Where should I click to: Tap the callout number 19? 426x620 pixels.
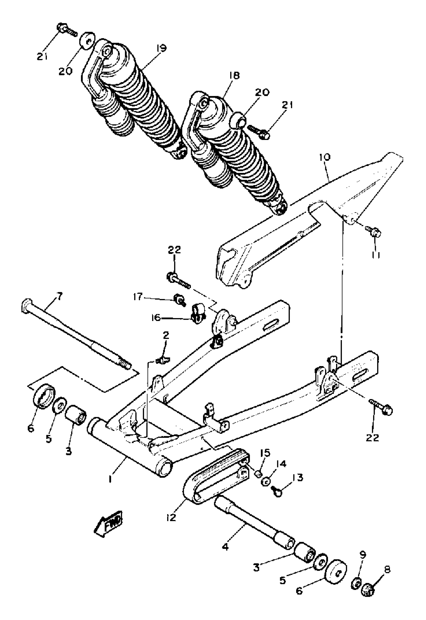click(x=161, y=48)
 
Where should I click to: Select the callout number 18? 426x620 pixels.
click(x=234, y=76)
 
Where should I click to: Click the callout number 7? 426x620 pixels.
click(x=59, y=296)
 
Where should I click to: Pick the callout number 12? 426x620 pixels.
click(x=171, y=517)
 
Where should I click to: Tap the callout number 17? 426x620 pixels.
click(x=138, y=297)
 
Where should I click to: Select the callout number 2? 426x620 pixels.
click(x=166, y=336)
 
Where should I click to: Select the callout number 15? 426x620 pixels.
click(x=266, y=453)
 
